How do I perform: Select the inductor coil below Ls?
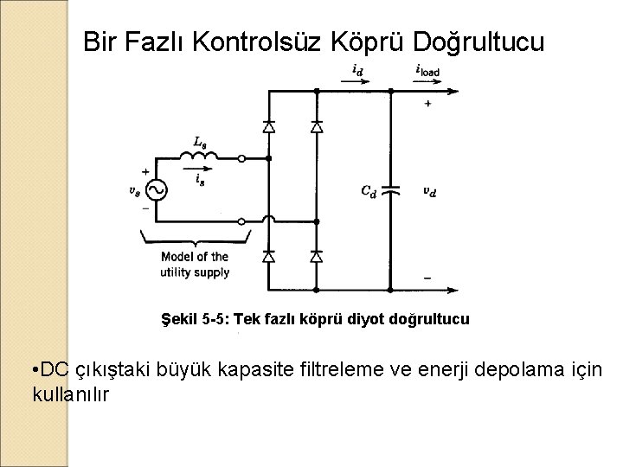(x=196, y=156)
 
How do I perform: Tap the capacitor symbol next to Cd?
(x=391, y=191)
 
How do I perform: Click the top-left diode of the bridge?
(x=269, y=126)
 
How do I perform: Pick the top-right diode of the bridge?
(x=316, y=126)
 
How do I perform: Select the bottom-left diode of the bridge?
(x=269, y=257)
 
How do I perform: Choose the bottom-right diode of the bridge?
(x=316, y=257)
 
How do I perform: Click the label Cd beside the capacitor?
(x=369, y=191)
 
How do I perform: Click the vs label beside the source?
(x=133, y=191)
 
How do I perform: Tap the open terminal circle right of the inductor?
(x=241, y=158)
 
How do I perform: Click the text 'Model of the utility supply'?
(x=194, y=264)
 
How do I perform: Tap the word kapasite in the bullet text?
(x=259, y=371)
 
